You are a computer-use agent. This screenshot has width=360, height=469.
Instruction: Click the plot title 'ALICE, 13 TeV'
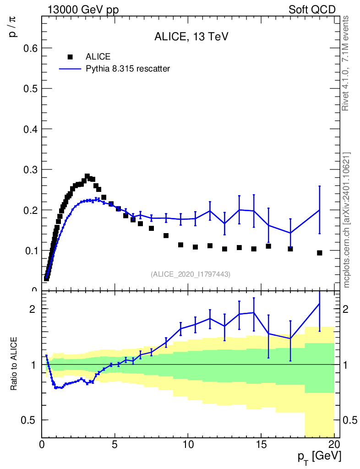(x=191, y=37)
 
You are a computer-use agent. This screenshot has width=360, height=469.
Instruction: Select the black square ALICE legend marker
(x=70, y=57)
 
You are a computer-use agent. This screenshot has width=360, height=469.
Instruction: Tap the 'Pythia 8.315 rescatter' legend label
(x=128, y=69)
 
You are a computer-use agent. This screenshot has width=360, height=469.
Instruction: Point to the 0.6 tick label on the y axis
(x=31, y=48)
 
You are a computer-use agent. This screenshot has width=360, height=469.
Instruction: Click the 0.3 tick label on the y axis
(x=31, y=169)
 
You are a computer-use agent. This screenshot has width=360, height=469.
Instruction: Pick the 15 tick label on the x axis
(x=261, y=444)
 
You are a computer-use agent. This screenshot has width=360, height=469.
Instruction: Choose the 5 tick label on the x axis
(x=115, y=444)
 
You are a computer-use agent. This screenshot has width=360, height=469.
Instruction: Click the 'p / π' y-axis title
(x=13, y=27)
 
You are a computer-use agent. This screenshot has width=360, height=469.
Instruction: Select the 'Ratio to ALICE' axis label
(x=14, y=363)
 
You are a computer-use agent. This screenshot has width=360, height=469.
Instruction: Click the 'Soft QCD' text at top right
(x=312, y=10)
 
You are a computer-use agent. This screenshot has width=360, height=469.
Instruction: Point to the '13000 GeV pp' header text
(x=83, y=10)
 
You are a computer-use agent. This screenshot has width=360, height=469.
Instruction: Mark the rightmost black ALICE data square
(x=319, y=253)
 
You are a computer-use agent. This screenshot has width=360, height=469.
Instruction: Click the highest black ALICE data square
(x=87, y=176)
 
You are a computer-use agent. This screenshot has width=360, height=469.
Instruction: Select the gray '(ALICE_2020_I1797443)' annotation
(x=191, y=274)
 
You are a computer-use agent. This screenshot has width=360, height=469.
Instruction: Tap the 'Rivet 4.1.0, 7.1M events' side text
(x=345, y=63)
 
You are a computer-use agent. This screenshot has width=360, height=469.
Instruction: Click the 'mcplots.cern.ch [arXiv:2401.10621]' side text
(x=347, y=220)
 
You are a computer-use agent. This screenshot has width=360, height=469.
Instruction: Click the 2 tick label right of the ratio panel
(x=345, y=309)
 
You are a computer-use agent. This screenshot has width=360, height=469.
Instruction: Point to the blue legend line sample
(x=70, y=69)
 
